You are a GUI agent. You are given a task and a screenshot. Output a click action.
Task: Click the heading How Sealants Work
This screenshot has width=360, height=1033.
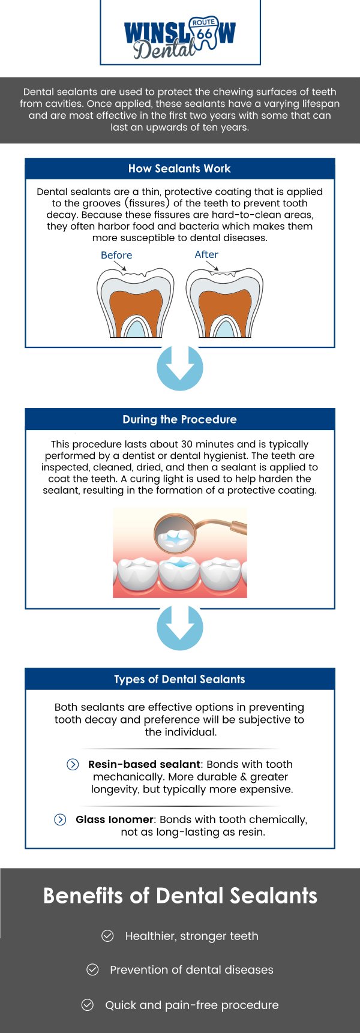[179, 169]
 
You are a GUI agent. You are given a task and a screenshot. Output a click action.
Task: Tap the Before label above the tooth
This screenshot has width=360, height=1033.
[116, 255]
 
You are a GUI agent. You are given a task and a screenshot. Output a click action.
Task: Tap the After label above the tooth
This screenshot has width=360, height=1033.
[206, 254]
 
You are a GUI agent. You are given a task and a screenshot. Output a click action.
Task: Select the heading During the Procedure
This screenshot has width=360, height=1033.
[179, 419]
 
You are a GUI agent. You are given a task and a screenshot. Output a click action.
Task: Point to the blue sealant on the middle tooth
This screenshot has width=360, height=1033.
[179, 564]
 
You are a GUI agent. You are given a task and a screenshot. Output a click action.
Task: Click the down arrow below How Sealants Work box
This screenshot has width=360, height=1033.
[179, 368]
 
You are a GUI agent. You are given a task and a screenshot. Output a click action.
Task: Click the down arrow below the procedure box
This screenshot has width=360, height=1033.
[179, 627]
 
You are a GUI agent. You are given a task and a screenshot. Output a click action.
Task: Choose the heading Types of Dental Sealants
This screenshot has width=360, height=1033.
[179, 679]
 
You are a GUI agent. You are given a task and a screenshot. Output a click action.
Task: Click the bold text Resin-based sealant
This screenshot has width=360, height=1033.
[144, 764]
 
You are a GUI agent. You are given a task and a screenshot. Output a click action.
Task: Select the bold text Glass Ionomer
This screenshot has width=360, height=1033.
[115, 819]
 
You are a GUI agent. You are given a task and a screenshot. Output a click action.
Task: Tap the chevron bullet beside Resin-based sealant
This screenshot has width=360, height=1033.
[73, 764]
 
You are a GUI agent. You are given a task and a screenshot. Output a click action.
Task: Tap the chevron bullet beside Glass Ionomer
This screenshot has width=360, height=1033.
[60, 819]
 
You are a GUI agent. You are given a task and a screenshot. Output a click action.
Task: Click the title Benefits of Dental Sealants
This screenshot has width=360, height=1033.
[180, 896]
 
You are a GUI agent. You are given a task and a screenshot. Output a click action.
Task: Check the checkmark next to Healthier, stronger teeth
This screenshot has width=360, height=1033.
[107, 936]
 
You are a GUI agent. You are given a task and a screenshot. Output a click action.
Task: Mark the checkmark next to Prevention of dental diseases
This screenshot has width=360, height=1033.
[92, 969]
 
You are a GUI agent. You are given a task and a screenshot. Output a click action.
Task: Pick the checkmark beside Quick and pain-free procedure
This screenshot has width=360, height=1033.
[88, 1005]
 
